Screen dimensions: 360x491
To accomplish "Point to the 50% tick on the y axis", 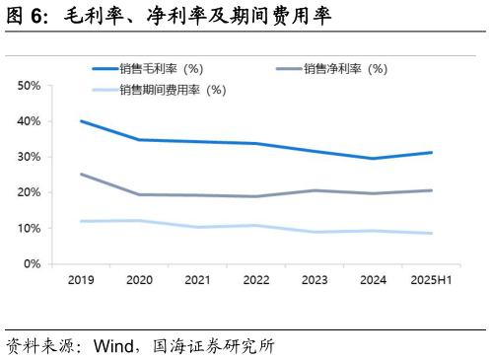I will coord(30,86).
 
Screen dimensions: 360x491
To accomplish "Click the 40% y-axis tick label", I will coord(30,121).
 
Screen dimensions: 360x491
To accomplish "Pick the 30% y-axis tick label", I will coord(30,157).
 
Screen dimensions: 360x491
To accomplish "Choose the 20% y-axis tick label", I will coord(30,192).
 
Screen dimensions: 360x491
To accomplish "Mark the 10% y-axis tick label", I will coord(30,228).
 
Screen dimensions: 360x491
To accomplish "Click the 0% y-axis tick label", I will coord(33,264).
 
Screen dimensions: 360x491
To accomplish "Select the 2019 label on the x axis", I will coord(81,281).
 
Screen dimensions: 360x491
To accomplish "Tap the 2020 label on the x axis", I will coord(139,281).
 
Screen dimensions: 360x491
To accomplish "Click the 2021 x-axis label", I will coord(197,281).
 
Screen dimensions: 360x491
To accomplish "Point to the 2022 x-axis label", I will coord(256,281).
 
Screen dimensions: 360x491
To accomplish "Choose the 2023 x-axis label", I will coord(315,281).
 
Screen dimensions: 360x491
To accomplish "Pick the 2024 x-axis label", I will coord(373,281).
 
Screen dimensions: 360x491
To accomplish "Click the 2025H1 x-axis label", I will coord(431,281).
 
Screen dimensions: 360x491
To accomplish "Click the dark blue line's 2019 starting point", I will coord(81,121).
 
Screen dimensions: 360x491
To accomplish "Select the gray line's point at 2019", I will coord(81,175).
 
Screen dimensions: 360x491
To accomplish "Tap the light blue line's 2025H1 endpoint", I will coord(431,234).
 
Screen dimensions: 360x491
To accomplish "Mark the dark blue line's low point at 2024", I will coord(373,159).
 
